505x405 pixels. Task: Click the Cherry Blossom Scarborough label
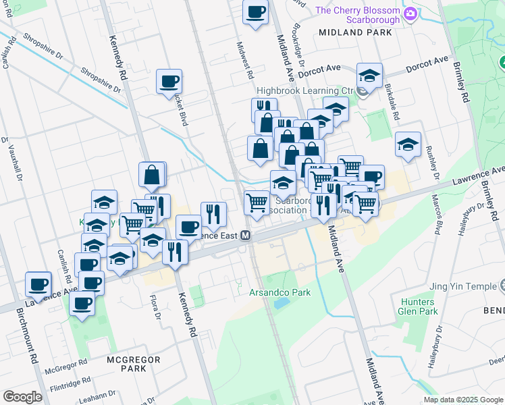[x=358, y=15]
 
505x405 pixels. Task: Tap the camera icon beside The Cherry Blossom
[x=410, y=14]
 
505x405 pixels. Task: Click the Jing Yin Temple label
[x=465, y=286]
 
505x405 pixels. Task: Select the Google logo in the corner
[x=22, y=397]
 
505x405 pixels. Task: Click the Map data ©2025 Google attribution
[x=463, y=400]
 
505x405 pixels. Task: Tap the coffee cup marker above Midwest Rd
[x=255, y=12]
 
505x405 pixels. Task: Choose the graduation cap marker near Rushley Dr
[x=408, y=145]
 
